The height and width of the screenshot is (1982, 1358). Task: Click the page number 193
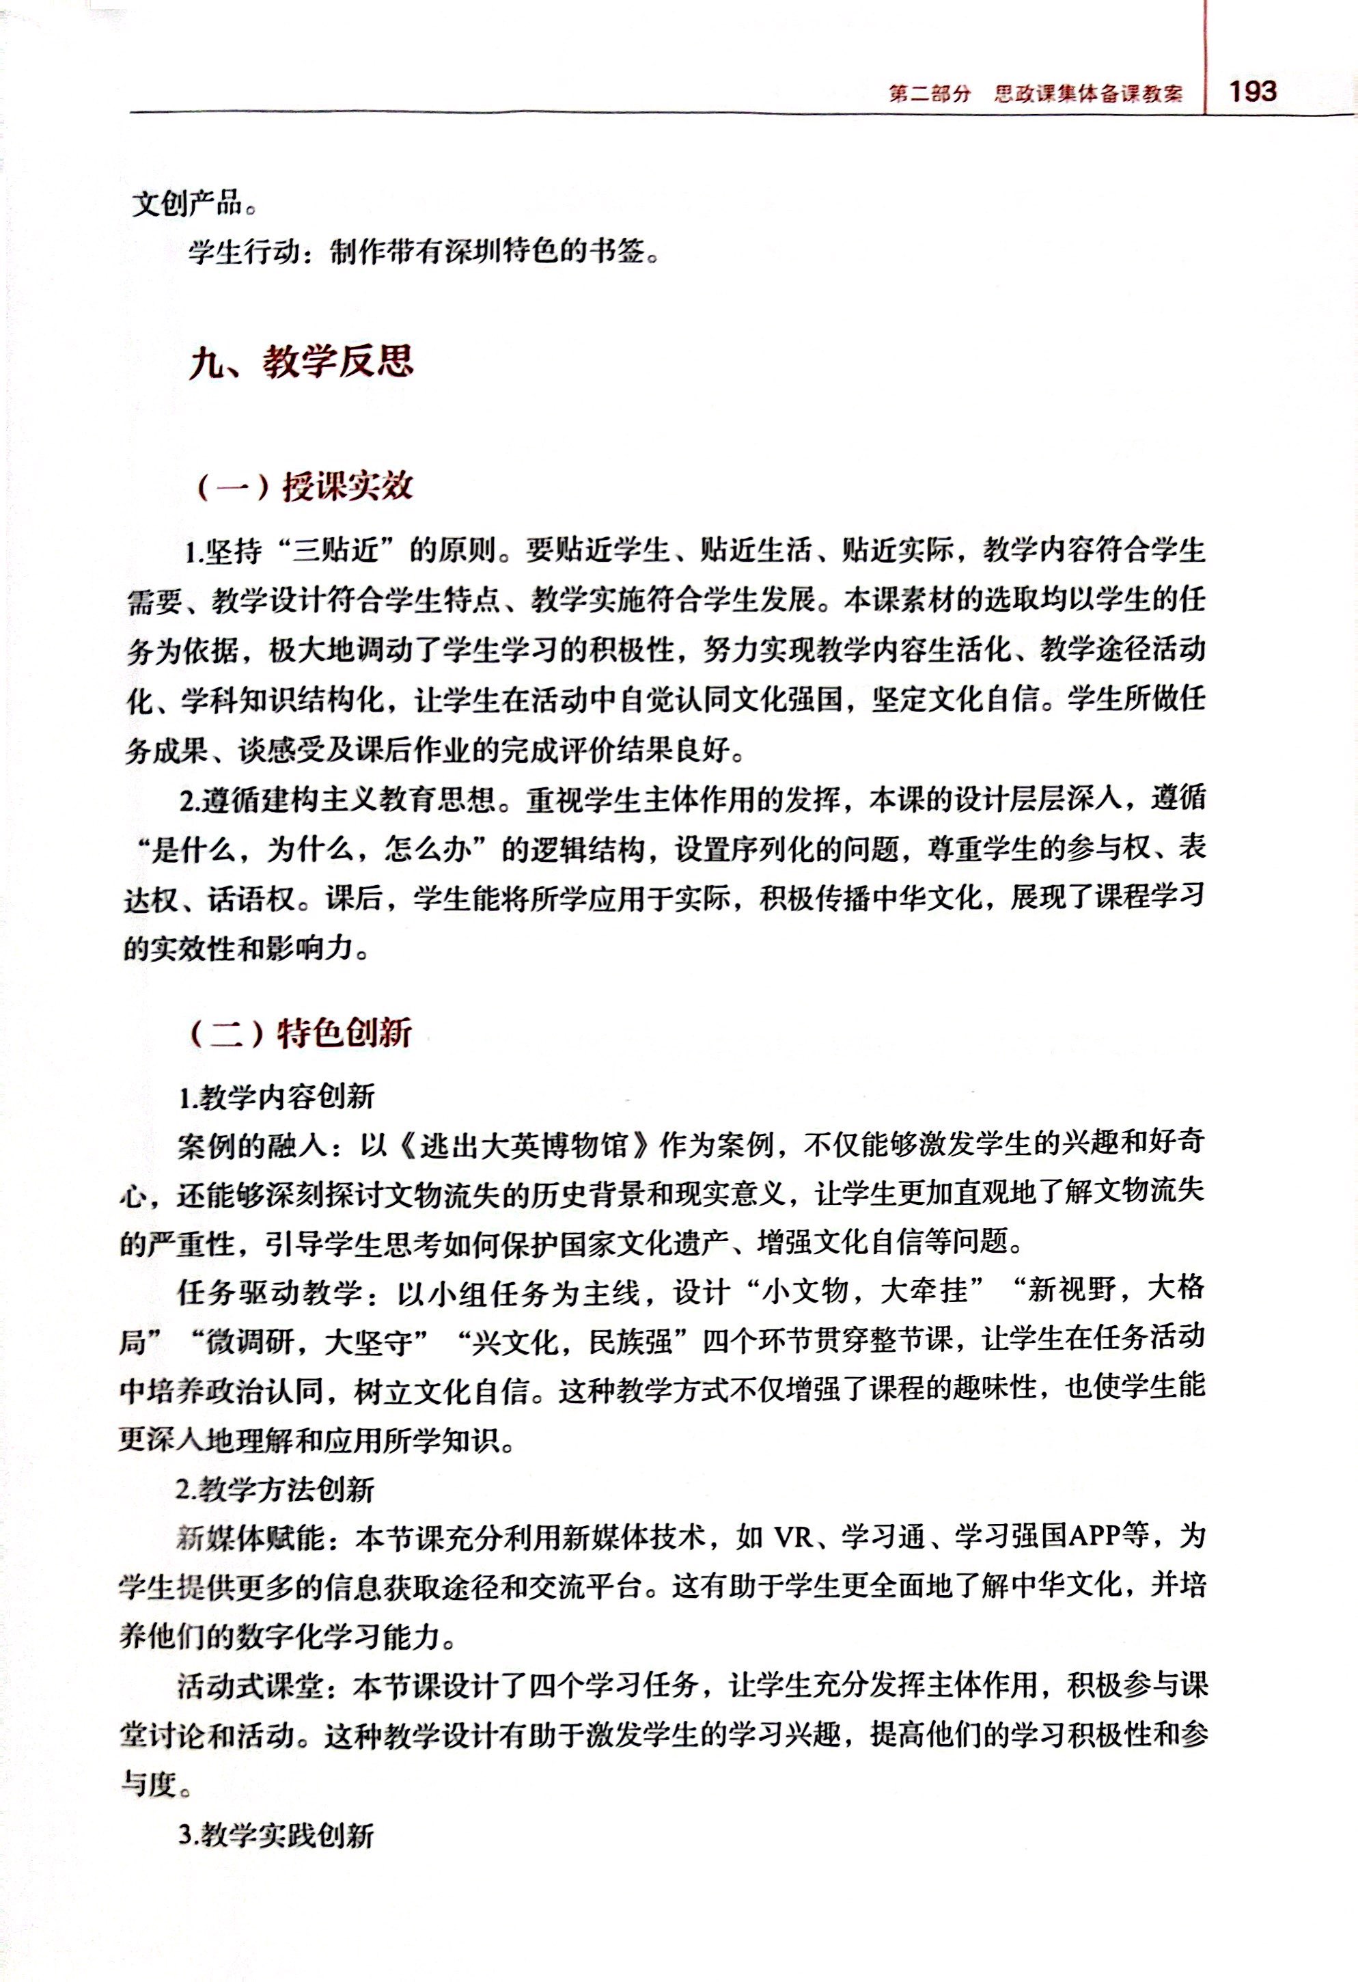coord(1252,92)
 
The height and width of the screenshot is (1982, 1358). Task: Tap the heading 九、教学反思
coord(301,362)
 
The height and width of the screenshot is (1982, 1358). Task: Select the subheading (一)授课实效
coord(305,487)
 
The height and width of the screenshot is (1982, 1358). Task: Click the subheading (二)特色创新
coord(300,1033)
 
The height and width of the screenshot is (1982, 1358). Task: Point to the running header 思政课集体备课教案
coord(1087,94)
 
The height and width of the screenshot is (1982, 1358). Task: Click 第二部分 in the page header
coord(929,94)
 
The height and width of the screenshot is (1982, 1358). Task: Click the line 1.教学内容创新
coord(277,1097)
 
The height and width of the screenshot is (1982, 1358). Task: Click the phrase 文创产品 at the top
coord(186,204)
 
